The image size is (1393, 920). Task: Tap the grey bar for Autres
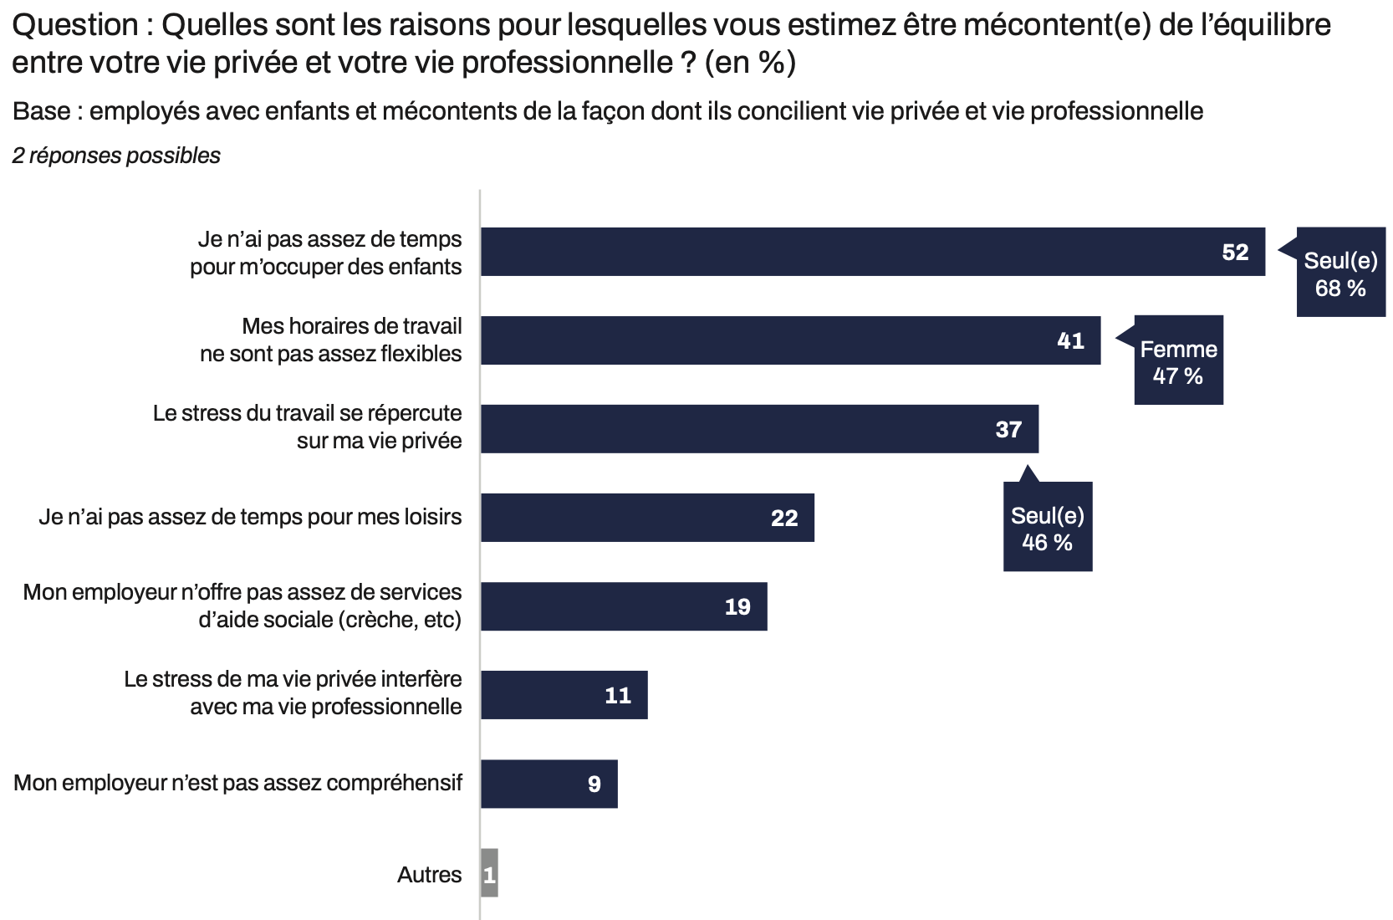[x=489, y=873]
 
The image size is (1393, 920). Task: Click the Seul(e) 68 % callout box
[x=1340, y=273]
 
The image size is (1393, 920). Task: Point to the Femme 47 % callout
[x=1178, y=361]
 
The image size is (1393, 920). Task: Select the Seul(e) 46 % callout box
[x=1047, y=529]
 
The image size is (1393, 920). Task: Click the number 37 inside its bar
[x=1008, y=430]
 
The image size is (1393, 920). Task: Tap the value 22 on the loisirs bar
[x=784, y=519]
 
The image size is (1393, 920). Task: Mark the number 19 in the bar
[x=737, y=607]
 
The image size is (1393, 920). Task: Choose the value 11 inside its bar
[x=618, y=696]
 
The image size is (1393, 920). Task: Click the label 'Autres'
[x=429, y=875]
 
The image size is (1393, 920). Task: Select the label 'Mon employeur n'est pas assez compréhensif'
[x=238, y=783]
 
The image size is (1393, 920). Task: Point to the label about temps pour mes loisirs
[x=250, y=517]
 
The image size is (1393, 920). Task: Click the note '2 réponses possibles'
[x=116, y=156]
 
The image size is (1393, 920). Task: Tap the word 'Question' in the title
[x=75, y=26]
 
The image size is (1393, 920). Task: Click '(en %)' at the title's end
[x=750, y=63]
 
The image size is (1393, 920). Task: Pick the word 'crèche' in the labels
[x=376, y=620]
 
